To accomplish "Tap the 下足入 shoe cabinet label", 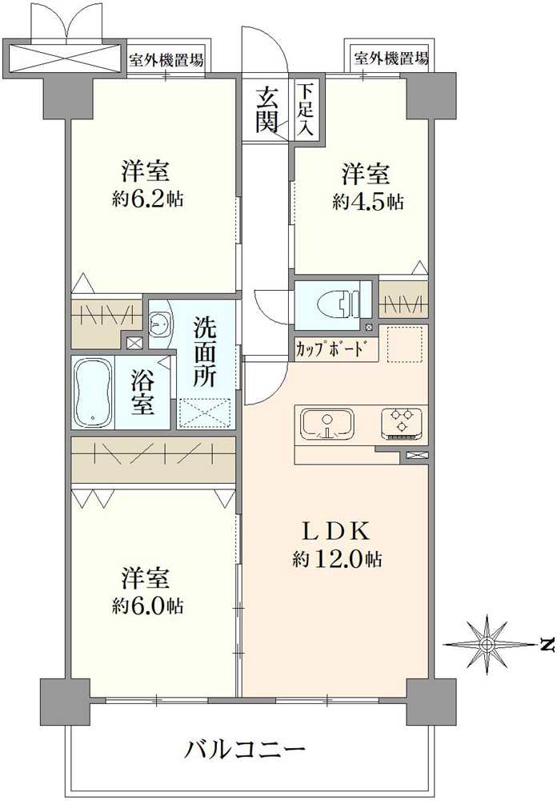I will pyautogui.click(x=306, y=111).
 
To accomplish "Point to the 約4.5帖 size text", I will pyautogui.click(x=367, y=201).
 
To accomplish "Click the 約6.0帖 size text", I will pyautogui.click(x=147, y=606).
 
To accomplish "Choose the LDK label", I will pyautogui.click(x=335, y=531).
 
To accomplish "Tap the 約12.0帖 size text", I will pyautogui.click(x=336, y=560).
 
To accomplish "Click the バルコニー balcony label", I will pyautogui.click(x=246, y=751).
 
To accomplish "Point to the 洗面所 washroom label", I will pyautogui.click(x=204, y=352).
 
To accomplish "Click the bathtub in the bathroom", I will pyautogui.click(x=93, y=392).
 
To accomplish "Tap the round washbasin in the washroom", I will pyautogui.click(x=158, y=324).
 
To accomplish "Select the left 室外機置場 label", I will pyautogui.click(x=166, y=58).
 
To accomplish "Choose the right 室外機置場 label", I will pyautogui.click(x=391, y=58).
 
